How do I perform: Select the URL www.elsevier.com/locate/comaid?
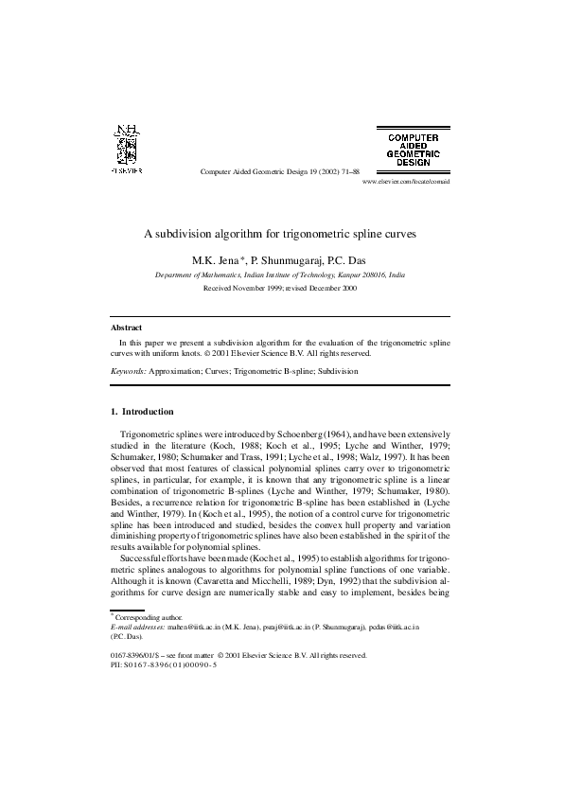click(x=406, y=181)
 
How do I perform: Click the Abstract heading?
click(x=126, y=328)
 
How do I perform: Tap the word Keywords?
click(x=129, y=372)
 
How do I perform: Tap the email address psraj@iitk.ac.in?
click(x=288, y=627)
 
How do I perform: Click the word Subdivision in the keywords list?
click(x=337, y=372)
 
